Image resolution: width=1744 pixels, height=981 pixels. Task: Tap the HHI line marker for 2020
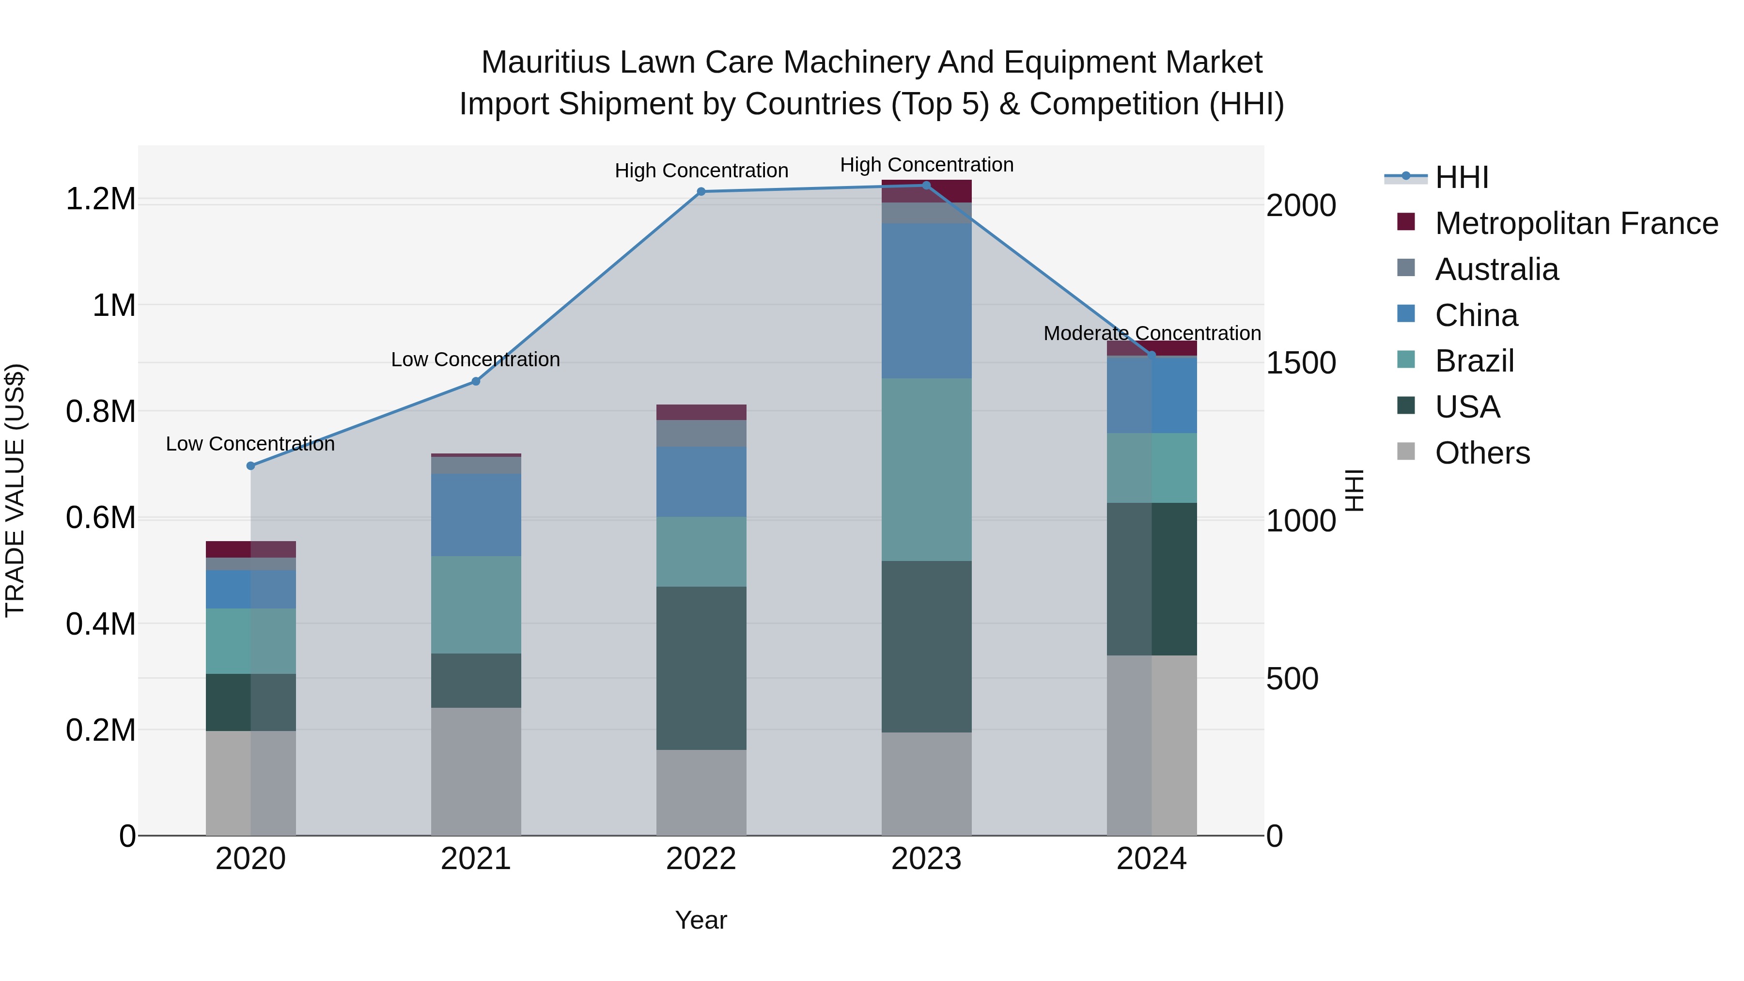pos(250,466)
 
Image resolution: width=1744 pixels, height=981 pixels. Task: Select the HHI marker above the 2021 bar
pos(476,381)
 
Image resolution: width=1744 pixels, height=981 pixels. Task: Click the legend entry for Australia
pos(1496,269)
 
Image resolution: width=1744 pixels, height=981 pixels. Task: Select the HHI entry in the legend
pos(1461,177)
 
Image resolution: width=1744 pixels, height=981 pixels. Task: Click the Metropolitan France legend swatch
pos(1406,222)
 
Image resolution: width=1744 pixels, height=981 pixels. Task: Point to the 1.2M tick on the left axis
pos(100,199)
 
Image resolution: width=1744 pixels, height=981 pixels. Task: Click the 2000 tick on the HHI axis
pos(1301,206)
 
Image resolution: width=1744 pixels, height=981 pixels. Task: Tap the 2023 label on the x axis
pos(926,859)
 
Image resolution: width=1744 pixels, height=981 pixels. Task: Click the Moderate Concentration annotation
pos(1152,333)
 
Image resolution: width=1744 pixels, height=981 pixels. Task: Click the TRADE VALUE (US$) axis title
pos(15,490)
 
